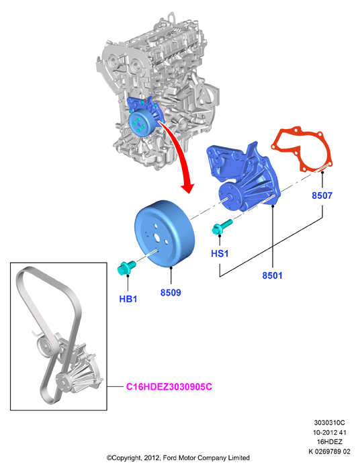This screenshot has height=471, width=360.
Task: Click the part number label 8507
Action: point(322,196)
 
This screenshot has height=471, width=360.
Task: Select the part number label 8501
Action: point(272,275)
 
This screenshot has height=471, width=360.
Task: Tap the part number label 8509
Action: point(171,292)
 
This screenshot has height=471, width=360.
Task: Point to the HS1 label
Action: point(220,253)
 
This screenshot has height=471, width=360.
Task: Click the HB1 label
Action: point(128,299)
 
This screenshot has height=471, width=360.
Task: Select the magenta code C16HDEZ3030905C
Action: point(169,386)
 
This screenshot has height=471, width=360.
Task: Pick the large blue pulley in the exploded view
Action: point(165,234)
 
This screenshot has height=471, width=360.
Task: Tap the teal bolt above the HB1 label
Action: point(126,268)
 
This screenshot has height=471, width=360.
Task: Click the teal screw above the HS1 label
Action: point(222,227)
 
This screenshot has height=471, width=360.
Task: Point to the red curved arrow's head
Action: point(187,187)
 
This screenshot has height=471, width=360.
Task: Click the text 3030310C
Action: point(329,423)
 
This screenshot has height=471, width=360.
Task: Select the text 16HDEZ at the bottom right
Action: point(329,442)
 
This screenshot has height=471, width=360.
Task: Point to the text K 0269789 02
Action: point(329,452)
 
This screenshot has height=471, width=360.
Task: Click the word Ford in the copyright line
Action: point(170,458)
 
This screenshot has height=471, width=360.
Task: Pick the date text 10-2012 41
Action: point(329,433)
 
